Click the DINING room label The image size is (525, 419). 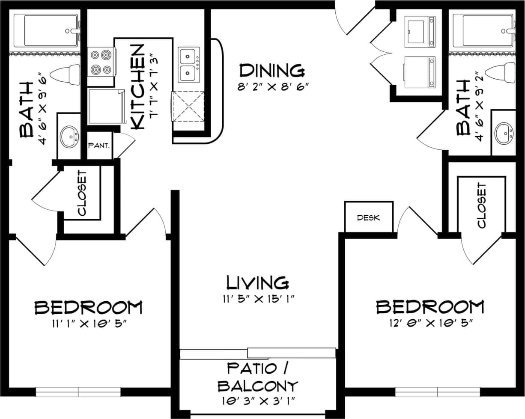coord(272,70)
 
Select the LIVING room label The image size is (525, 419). coord(257,282)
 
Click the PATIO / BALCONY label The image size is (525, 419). coord(257,377)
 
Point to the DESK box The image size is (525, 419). coord(369,217)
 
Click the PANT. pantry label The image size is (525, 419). coord(99,146)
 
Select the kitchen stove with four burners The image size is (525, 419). coord(101,62)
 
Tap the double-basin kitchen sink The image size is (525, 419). coord(189,65)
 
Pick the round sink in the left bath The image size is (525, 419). coord(69,137)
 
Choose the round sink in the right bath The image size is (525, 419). coord(504,134)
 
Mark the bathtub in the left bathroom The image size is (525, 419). coord(46,30)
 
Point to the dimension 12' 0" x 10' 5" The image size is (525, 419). coord(430,323)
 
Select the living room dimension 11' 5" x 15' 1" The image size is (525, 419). coord(257,299)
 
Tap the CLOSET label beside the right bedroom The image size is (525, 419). coord(481,205)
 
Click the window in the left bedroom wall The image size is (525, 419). coord(78,392)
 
